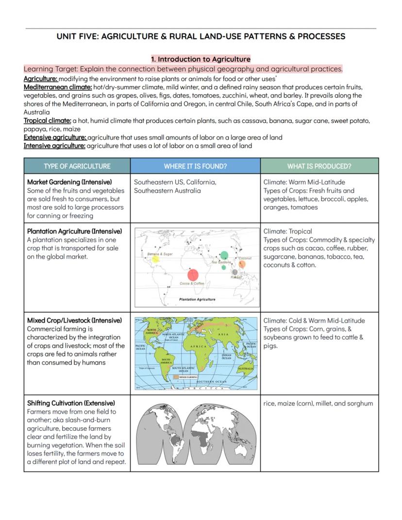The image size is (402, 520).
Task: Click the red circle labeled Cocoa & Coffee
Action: (193, 275)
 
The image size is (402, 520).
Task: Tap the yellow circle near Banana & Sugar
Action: (155, 259)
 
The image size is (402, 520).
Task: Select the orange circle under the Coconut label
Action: (242, 264)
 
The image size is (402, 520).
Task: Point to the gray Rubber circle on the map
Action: (235, 272)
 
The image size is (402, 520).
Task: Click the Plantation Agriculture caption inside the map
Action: (197, 300)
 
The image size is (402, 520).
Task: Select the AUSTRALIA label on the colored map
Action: (245, 369)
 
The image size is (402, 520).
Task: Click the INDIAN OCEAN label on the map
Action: (226, 356)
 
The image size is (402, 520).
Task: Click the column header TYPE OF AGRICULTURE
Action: (77, 166)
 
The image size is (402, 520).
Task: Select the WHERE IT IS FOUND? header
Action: (195, 166)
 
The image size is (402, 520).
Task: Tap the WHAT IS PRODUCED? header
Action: (319, 166)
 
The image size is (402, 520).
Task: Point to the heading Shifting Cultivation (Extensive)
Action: (71, 403)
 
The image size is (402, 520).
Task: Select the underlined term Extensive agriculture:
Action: (55, 137)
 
